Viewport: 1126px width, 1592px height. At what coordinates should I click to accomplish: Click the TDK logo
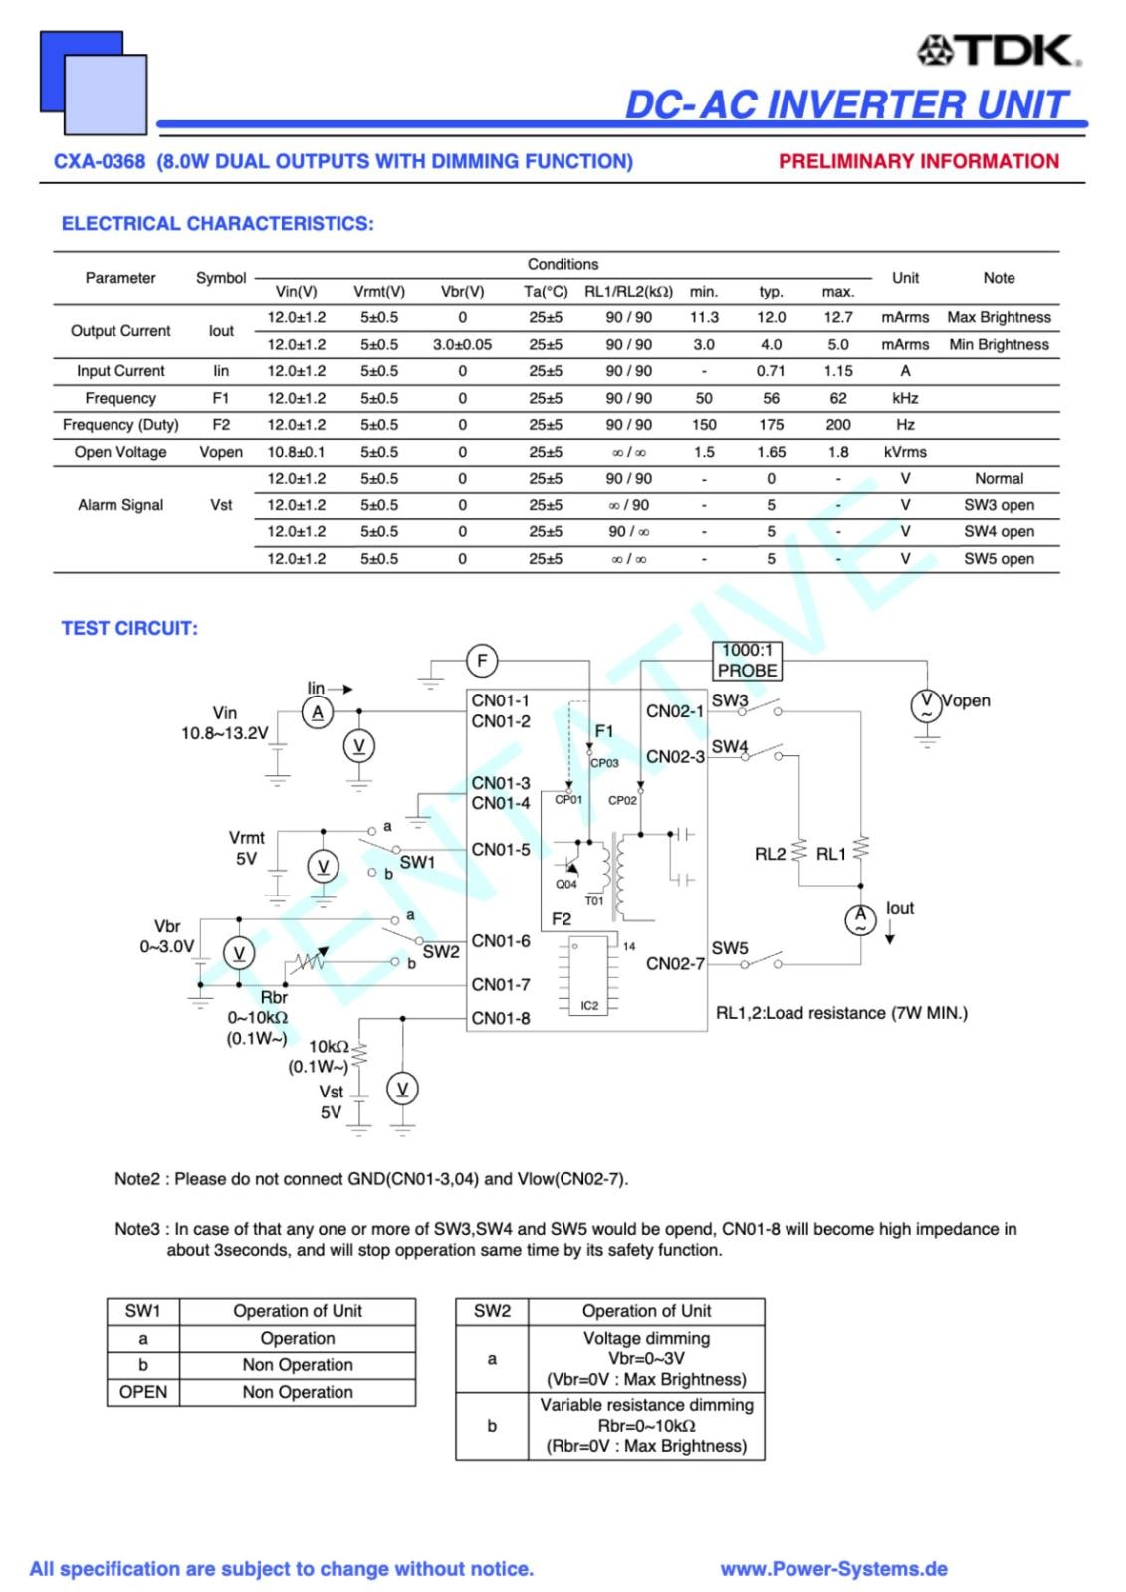[999, 50]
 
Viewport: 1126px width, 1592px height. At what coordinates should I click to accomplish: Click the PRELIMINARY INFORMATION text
[918, 161]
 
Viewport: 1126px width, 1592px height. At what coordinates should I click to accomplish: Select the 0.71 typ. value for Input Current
[771, 371]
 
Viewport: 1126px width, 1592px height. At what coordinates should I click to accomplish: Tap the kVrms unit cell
[904, 452]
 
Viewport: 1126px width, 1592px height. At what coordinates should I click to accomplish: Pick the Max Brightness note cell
[999, 317]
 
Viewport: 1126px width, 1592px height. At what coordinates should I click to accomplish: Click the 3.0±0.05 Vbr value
[462, 344]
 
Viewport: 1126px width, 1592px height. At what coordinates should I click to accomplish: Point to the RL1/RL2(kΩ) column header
[628, 292]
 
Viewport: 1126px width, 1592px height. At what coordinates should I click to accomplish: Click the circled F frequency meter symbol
[482, 661]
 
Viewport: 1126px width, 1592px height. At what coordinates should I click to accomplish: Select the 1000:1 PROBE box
[747, 661]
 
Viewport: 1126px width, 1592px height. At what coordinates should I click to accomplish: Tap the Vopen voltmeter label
[966, 700]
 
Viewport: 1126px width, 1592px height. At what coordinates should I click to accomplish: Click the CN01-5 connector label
[501, 850]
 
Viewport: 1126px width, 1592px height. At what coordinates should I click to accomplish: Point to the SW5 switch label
[730, 948]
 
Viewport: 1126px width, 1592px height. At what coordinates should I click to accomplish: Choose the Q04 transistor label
[565, 884]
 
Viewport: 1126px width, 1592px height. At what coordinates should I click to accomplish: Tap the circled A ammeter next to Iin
[318, 712]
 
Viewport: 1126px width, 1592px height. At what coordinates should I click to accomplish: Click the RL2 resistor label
[770, 854]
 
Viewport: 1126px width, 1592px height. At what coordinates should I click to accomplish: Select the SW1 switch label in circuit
[417, 862]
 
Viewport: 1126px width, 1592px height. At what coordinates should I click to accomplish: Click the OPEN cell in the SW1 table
[143, 1392]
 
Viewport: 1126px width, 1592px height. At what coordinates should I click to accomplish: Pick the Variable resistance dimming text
[646, 1405]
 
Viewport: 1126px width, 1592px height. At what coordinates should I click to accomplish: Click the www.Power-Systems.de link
[833, 1569]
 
